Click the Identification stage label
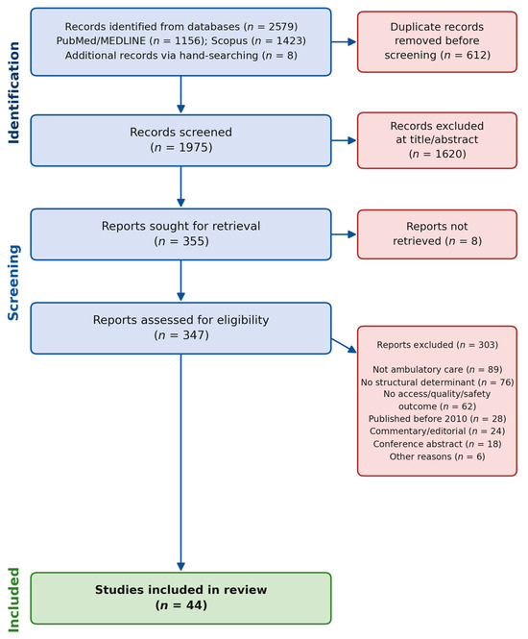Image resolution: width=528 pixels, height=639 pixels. pos(13,92)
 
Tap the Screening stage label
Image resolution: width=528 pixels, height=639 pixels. pos(13,283)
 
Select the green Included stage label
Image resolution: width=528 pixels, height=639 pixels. pos(13,600)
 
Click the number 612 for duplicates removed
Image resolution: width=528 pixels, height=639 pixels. pos(474,55)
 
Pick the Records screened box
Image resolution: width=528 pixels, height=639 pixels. pos(180,140)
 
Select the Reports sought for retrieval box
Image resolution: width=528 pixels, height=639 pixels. pos(180,234)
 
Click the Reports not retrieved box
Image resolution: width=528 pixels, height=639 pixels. pos(437,233)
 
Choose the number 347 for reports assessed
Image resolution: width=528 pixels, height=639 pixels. pos(193,335)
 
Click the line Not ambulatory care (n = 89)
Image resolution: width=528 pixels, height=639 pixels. pos(437,369)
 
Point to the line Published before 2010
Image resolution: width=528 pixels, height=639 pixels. pos(437,419)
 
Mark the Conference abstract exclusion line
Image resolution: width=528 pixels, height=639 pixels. pos(437,444)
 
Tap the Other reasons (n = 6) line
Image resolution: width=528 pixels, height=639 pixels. pos(437,456)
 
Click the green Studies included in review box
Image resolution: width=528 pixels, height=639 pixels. pos(180,598)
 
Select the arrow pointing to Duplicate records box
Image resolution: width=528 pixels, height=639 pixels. pos(344,41)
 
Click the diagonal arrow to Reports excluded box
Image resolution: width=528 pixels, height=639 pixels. pos(344,346)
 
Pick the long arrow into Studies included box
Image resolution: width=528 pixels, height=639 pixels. pos(180,462)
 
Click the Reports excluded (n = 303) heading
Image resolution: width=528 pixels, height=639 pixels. pos(437,345)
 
